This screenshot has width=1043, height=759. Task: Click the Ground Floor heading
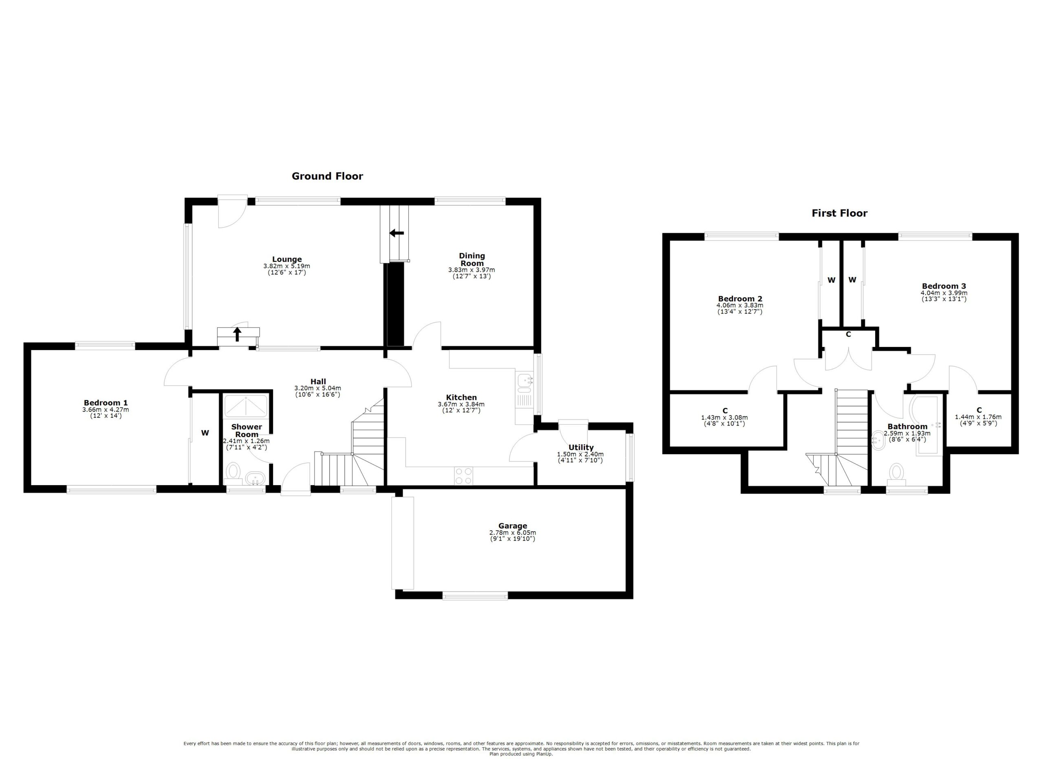pyautogui.click(x=328, y=176)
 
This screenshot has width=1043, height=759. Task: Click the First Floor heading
pyautogui.click(x=839, y=213)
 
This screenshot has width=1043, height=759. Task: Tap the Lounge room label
pyautogui.click(x=286, y=259)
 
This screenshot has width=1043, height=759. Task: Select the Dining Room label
pyautogui.click(x=472, y=259)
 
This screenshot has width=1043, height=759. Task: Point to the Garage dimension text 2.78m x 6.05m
pyautogui.click(x=512, y=533)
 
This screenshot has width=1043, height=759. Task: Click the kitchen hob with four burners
pyautogui.click(x=464, y=476)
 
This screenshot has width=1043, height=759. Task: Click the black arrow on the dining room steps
pyautogui.click(x=396, y=233)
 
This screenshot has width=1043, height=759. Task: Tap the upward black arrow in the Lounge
pyautogui.click(x=237, y=334)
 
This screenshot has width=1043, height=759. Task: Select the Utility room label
pyautogui.click(x=581, y=447)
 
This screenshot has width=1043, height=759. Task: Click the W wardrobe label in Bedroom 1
pyautogui.click(x=205, y=433)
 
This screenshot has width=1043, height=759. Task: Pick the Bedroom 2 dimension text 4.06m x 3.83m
pyautogui.click(x=739, y=305)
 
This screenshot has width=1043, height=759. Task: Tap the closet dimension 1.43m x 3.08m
pyautogui.click(x=724, y=418)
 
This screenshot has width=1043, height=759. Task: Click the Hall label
pyautogui.click(x=318, y=382)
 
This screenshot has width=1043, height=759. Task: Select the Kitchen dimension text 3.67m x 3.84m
pyautogui.click(x=461, y=404)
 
